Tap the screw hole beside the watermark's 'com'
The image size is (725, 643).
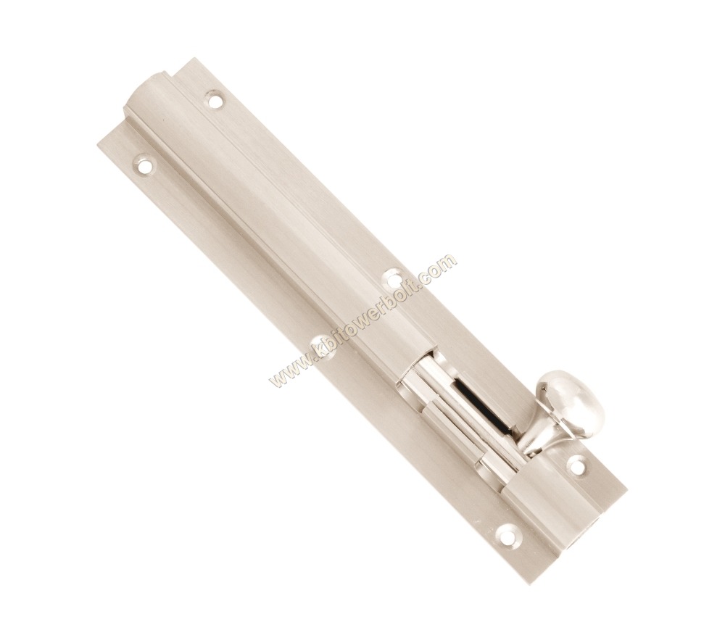point(394,278)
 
